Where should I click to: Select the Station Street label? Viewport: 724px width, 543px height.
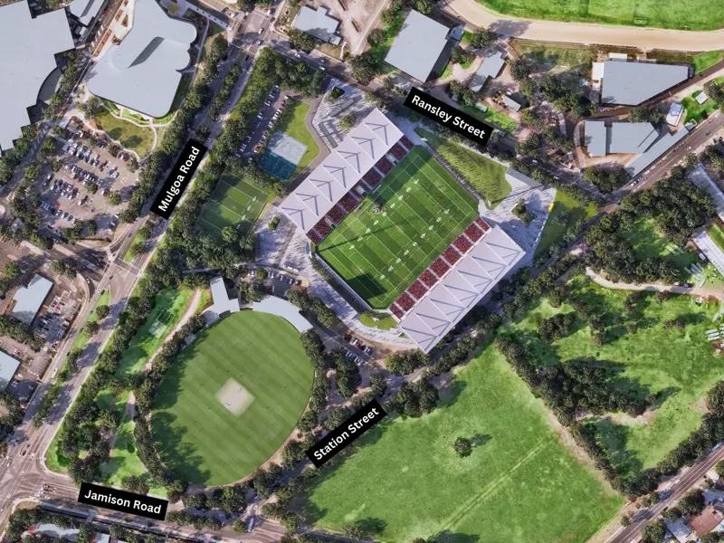point(347,433)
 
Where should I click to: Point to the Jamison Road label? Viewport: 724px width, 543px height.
point(123,500)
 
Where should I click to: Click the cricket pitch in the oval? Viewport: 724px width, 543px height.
point(235,396)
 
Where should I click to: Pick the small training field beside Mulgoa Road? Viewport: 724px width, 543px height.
point(233,205)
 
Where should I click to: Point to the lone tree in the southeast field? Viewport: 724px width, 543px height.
point(463,445)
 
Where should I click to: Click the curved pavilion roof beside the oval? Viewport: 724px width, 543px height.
point(281,310)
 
